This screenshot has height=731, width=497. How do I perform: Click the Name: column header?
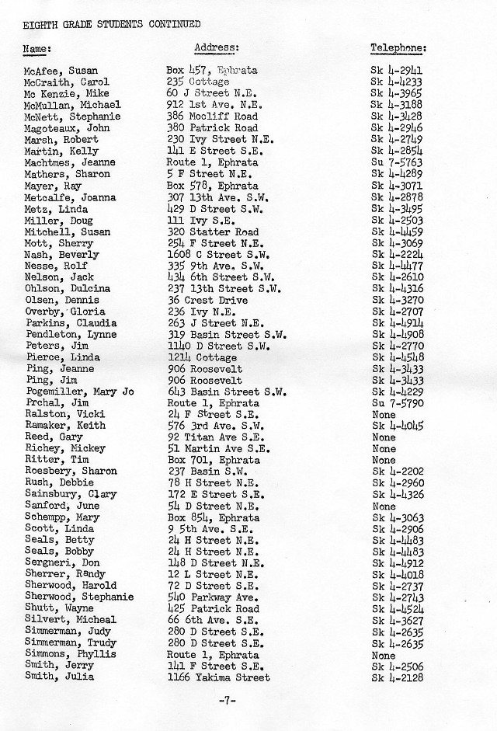pos(36,49)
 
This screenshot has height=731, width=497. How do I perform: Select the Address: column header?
pos(216,47)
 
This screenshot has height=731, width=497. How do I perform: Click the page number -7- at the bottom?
pos(227,701)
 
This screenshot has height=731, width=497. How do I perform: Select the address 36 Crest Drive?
pos(207,300)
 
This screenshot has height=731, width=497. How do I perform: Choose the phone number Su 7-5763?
pos(396,162)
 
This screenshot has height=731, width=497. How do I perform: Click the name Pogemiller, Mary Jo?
pos(79,392)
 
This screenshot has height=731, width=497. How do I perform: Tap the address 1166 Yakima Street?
pos(218,677)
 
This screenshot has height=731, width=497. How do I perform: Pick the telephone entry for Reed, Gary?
pos(384,437)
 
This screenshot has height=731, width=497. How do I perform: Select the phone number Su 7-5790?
pos(396,403)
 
